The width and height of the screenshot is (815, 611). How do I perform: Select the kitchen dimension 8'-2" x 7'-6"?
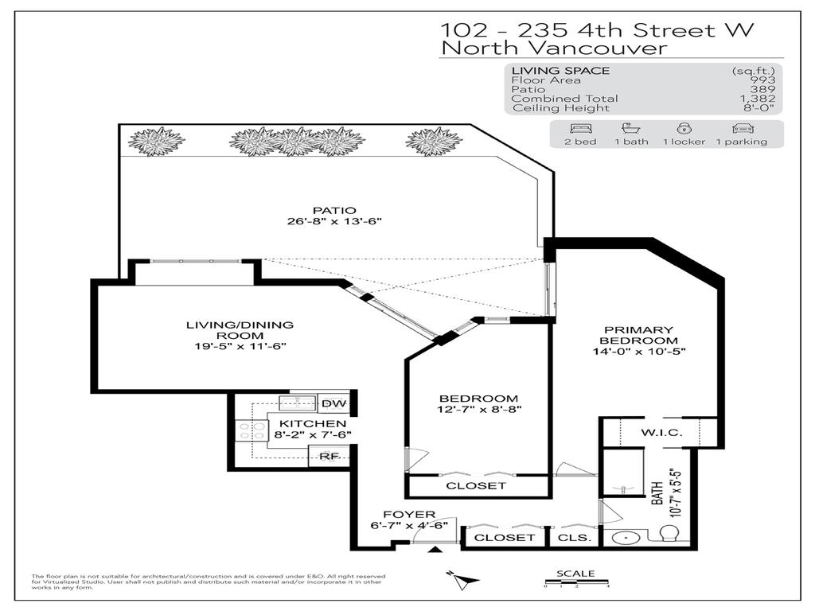tap(313, 434)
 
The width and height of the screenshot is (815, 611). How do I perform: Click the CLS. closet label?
tap(574, 538)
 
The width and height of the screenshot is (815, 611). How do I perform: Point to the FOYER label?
tap(409, 515)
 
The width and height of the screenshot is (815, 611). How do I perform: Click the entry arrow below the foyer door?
tap(435, 551)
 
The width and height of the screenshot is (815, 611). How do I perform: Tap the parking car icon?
tap(741, 128)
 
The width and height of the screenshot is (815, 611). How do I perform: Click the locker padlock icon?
tap(682, 128)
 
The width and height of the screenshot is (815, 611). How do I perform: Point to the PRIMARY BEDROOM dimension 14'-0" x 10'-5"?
tap(638, 351)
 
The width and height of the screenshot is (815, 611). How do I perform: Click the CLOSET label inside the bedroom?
tap(475, 485)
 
